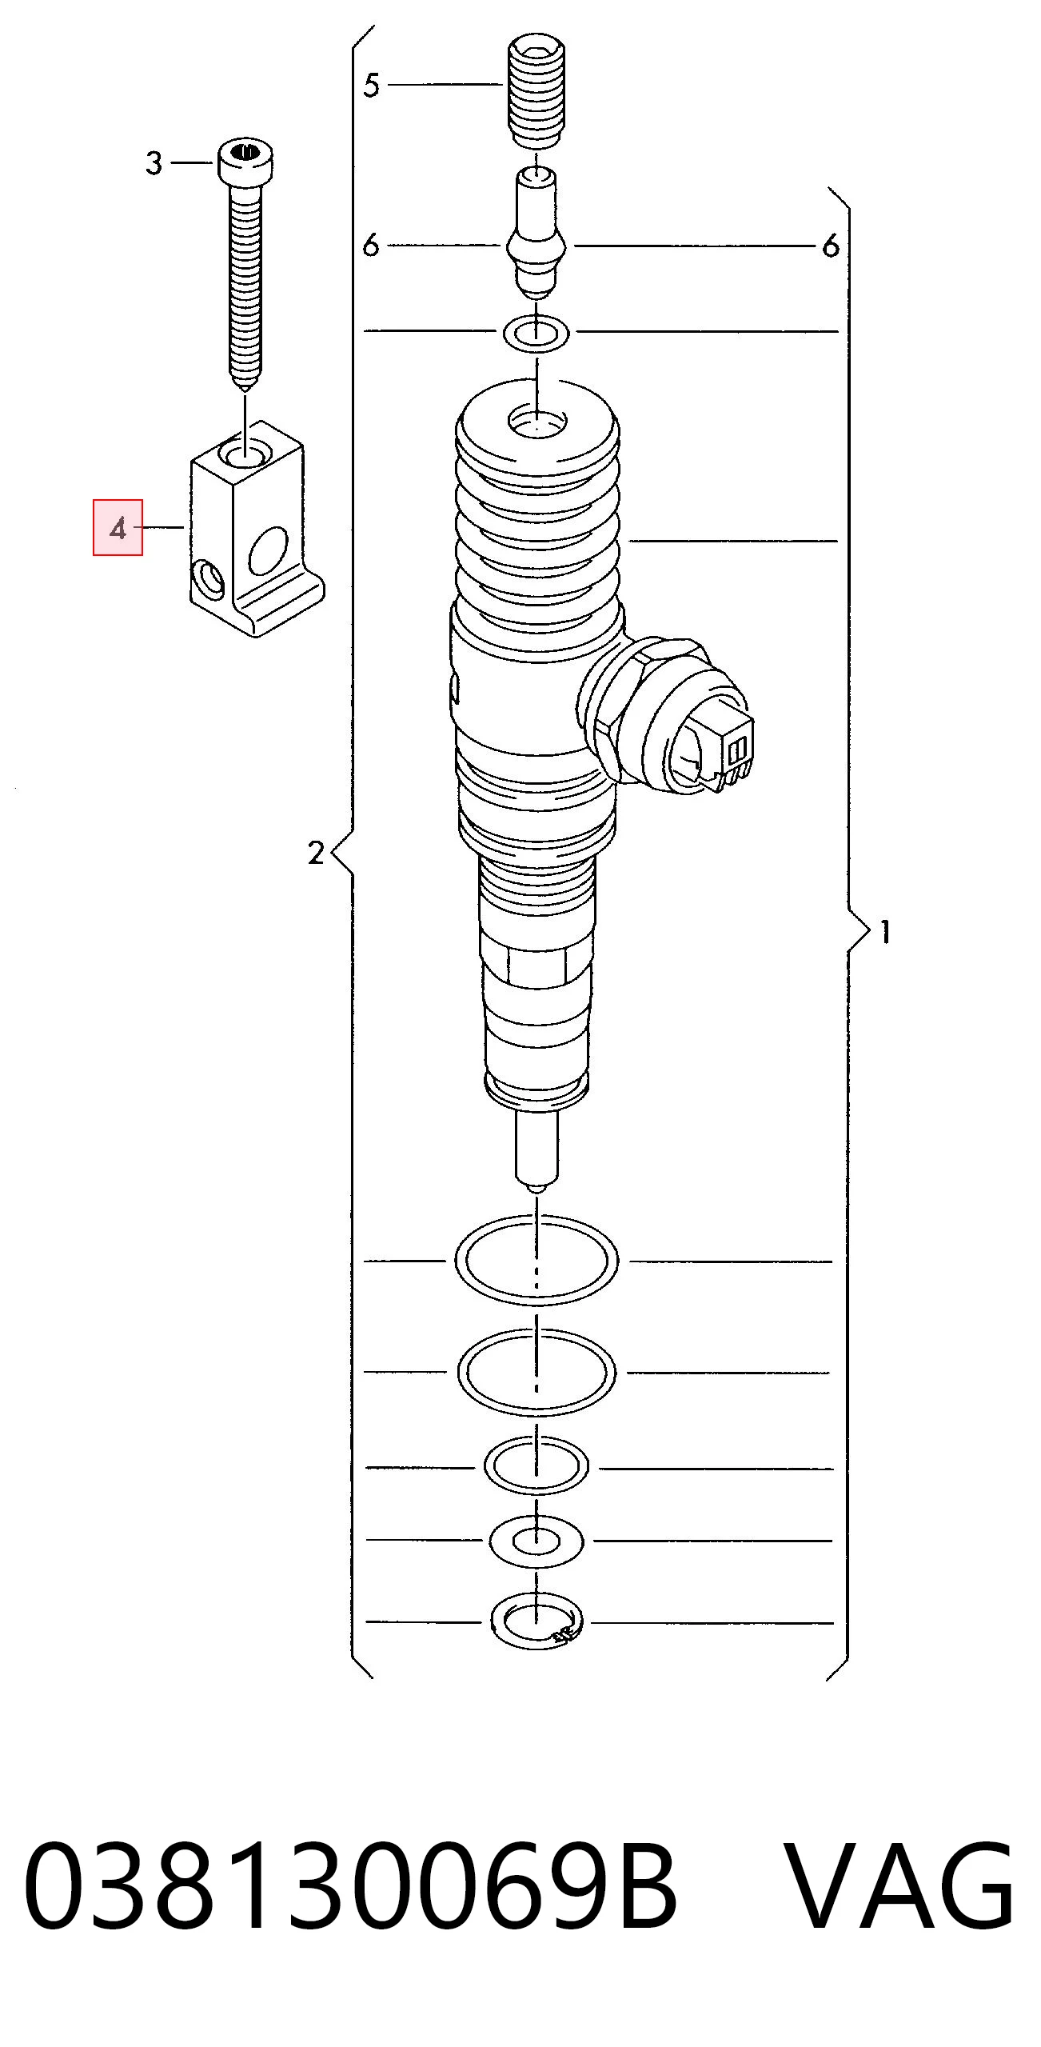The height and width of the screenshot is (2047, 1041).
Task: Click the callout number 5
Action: [x=371, y=85]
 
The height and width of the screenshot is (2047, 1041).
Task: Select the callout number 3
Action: [x=154, y=163]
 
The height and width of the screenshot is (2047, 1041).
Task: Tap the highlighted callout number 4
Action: [x=118, y=528]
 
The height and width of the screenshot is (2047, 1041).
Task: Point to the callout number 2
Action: [x=316, y=854]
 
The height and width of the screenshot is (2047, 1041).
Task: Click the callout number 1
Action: [x=884, y=932]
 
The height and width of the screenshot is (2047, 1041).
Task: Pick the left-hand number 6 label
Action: [x=370, y=245]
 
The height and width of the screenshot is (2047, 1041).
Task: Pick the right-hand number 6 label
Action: [x=831, y=246]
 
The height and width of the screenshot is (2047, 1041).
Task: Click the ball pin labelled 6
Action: [x=536, y=231]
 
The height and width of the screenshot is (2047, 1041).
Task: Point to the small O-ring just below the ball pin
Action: [x=536, y=332]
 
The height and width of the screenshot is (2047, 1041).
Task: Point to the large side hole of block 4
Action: [x=267, y=551]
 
